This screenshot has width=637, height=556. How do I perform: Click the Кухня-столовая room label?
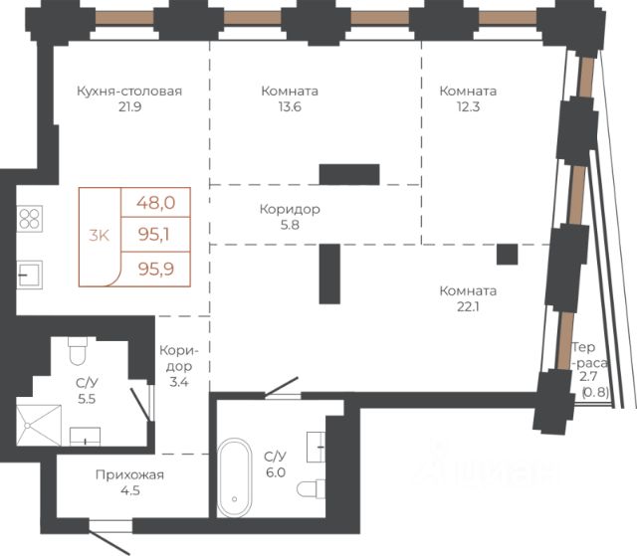coord(129,91)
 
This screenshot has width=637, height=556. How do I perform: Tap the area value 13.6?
coord(290,106)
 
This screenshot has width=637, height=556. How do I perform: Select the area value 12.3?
coord(468,106)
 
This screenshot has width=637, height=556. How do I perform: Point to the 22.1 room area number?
coord(468,306)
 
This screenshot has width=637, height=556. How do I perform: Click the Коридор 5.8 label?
coord(290,217)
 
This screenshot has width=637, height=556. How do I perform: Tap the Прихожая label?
coord(129,474)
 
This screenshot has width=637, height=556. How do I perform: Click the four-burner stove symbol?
coord(30,219)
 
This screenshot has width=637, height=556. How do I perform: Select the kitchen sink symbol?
coord(29,275)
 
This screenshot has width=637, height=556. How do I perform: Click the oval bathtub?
coord(235,477)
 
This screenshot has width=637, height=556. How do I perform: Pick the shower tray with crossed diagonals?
coord(39,425)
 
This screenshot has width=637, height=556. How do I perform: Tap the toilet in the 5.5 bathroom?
coord(78,350)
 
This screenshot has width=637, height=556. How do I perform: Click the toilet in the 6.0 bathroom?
coord(312,488)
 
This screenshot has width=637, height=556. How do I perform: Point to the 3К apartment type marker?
coord(100,235)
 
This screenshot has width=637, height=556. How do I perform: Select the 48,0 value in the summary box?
coord(155,202)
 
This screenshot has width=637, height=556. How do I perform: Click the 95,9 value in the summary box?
coord(156,269)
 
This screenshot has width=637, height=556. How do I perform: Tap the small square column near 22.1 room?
coord(507,254)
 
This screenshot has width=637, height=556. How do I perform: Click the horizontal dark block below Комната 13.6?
coord(349,174)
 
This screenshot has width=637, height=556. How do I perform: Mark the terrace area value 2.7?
coord(588,377)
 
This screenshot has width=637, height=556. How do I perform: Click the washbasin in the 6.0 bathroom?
coord(316,447)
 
